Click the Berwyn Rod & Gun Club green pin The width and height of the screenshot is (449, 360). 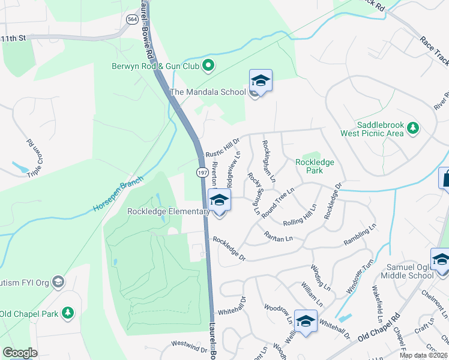pyautogui.click(x=208, y=65)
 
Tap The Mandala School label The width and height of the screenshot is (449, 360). pyautogui.click(x=208, y=92)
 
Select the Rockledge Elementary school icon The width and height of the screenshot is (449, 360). pyautogui.click(x=219, y=200)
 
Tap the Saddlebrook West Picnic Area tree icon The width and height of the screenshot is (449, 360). pyautogui.click(x=412, y=127)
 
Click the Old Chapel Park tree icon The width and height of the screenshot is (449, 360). pyautogui.click(x=68, y=313)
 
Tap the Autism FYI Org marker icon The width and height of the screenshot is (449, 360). pyautogui.click(x=58, y=281)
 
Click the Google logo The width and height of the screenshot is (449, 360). pyautogui.click(x=20, y=353)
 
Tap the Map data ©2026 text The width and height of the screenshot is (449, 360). pyautogui.click(x=423, y=355)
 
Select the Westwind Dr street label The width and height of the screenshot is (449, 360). pyautogui.click(x=188, y=345)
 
